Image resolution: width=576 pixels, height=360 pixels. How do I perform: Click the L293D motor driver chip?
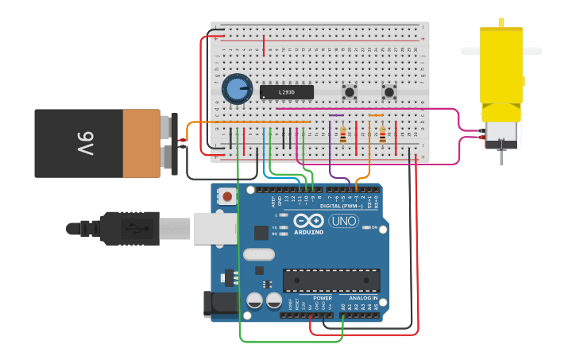pos(287,92)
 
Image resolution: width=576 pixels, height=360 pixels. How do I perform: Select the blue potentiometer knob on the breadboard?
pos(236,89)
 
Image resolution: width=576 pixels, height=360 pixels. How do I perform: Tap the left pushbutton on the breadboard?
pos(349,92)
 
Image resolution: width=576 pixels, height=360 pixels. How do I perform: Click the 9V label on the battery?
pos(86,143)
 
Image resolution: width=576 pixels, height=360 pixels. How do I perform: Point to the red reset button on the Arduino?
pos(228,195)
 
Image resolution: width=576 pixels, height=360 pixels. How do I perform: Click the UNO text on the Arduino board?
pos(343,221)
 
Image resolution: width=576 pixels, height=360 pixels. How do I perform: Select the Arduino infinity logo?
pos(308,221)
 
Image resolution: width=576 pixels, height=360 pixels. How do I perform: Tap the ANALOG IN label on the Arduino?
pos(364,298)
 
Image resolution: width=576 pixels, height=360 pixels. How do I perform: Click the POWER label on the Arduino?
pos(322,298)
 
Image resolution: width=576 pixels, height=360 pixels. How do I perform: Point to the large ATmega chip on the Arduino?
pos(331,280)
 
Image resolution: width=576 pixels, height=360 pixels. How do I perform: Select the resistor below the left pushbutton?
pos(342,136)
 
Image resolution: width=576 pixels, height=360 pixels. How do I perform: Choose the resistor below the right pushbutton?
pos(382,136)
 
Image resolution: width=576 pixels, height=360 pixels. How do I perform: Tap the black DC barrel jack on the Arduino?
pos(218,304)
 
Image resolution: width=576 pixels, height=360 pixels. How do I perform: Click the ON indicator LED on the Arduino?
pos(366,227)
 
